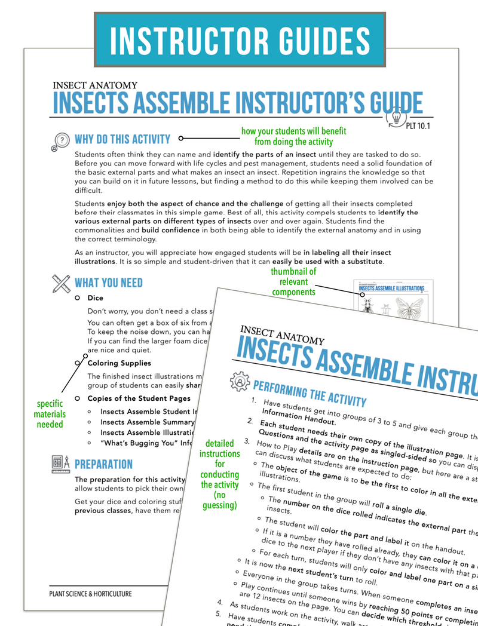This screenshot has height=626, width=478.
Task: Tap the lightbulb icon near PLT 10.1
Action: tap(396, 116)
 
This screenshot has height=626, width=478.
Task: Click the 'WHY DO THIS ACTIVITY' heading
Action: tap(122, 139)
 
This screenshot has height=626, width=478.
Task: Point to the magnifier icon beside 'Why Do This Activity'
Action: tap(60, 140)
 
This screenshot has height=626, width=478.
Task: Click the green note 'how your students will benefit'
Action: tap(293, 136)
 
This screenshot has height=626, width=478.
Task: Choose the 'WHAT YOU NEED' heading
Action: tap(108, 282)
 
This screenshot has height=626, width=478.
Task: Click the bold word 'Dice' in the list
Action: tap(95, 297)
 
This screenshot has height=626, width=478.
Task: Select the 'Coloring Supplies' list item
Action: tap(119, 363)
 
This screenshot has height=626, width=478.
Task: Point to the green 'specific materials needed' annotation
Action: tap(50, 414)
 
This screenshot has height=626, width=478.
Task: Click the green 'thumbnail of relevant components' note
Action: tap(294, 282)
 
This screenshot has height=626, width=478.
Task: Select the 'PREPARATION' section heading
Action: tap(103, 464)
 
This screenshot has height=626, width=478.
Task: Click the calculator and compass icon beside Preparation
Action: tap(60, 464)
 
